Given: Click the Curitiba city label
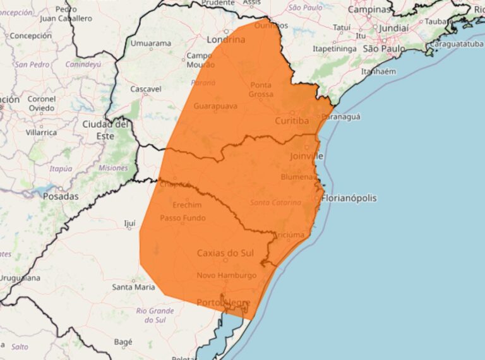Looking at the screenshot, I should tap(292, 120).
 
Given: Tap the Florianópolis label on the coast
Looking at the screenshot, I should tap(349, 198).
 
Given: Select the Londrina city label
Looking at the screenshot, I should tap(225, 39).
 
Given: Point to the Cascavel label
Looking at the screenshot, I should tap(145, 89).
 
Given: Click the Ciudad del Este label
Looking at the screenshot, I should tap(106, 129).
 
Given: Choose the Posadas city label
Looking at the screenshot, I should tap(61, 196).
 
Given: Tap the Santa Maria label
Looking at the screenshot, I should tap(133, 287).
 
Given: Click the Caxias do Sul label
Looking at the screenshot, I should tap(226, 253).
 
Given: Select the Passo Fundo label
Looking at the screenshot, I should tap(183, 218).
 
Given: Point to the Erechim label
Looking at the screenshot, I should tap(186, 205).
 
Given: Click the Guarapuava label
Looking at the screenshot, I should tap(215, 105).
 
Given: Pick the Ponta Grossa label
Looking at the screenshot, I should tap(261, 90).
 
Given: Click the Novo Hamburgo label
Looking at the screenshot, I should tap(226, 275).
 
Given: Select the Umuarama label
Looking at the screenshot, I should tap(150, 44).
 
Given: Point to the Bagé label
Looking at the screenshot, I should tap(123, 342).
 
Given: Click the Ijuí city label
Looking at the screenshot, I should tap(129, 224).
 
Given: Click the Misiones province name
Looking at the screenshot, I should tap(113, 168).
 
